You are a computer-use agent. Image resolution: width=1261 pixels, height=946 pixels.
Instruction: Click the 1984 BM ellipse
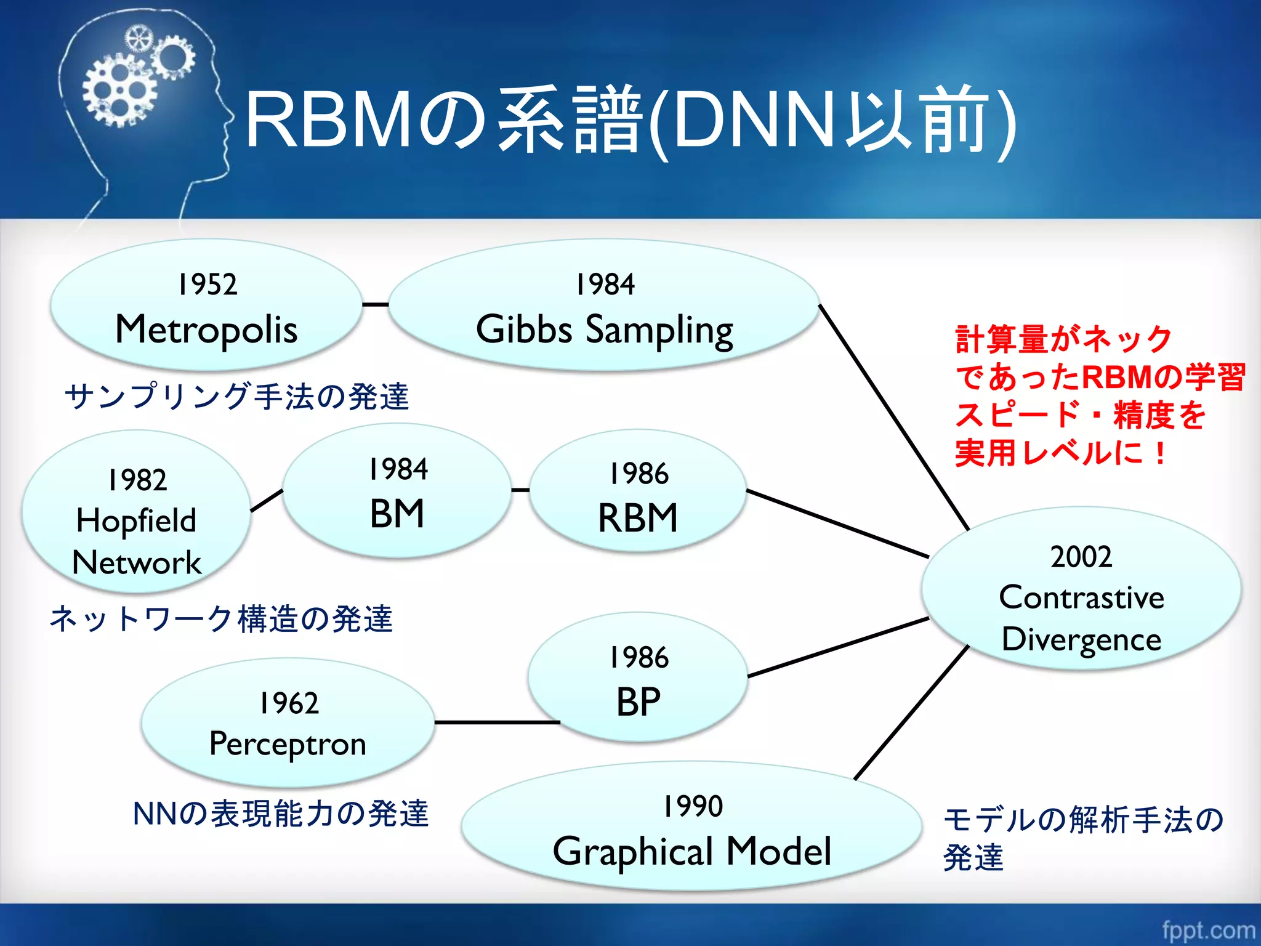click(397, 491)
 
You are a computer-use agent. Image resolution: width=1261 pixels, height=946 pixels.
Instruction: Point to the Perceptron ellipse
click(288, 723)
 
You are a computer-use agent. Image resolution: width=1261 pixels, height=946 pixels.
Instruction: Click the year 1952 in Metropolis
click(207, 285)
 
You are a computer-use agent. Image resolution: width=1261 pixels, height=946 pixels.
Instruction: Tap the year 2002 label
click(1081, 557)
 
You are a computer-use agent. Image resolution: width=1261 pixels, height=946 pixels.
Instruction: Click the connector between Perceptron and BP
click(496, 722)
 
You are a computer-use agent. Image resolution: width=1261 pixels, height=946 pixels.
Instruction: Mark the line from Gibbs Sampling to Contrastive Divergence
click(893, 416)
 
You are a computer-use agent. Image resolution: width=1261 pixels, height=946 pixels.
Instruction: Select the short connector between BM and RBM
click(520, 490)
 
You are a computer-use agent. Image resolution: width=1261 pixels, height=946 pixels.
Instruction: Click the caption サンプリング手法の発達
click(236, 397)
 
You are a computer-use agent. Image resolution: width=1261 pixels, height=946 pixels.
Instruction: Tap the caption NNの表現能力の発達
click(280, 814)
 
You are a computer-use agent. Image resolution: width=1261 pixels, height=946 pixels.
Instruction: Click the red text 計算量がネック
click(1063, 340)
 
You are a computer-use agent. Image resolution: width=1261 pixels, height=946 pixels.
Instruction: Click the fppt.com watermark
click(1208, 930)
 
